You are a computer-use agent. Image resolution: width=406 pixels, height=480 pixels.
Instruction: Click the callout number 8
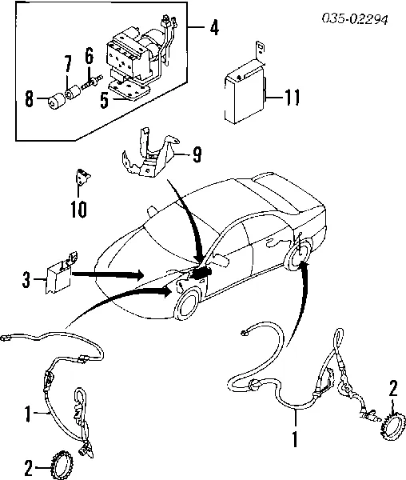coord(29,100)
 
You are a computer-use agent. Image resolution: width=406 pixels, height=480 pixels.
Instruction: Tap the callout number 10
coord(77,211)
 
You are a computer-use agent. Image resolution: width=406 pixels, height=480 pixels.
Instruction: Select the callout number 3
coord(26,281)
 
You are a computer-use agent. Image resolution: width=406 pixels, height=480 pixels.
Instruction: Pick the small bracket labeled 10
coord(81,178)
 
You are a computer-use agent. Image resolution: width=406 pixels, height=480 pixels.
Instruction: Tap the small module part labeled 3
coord(59,274)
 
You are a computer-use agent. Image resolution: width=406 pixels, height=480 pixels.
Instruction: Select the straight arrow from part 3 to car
coord(108,274)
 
